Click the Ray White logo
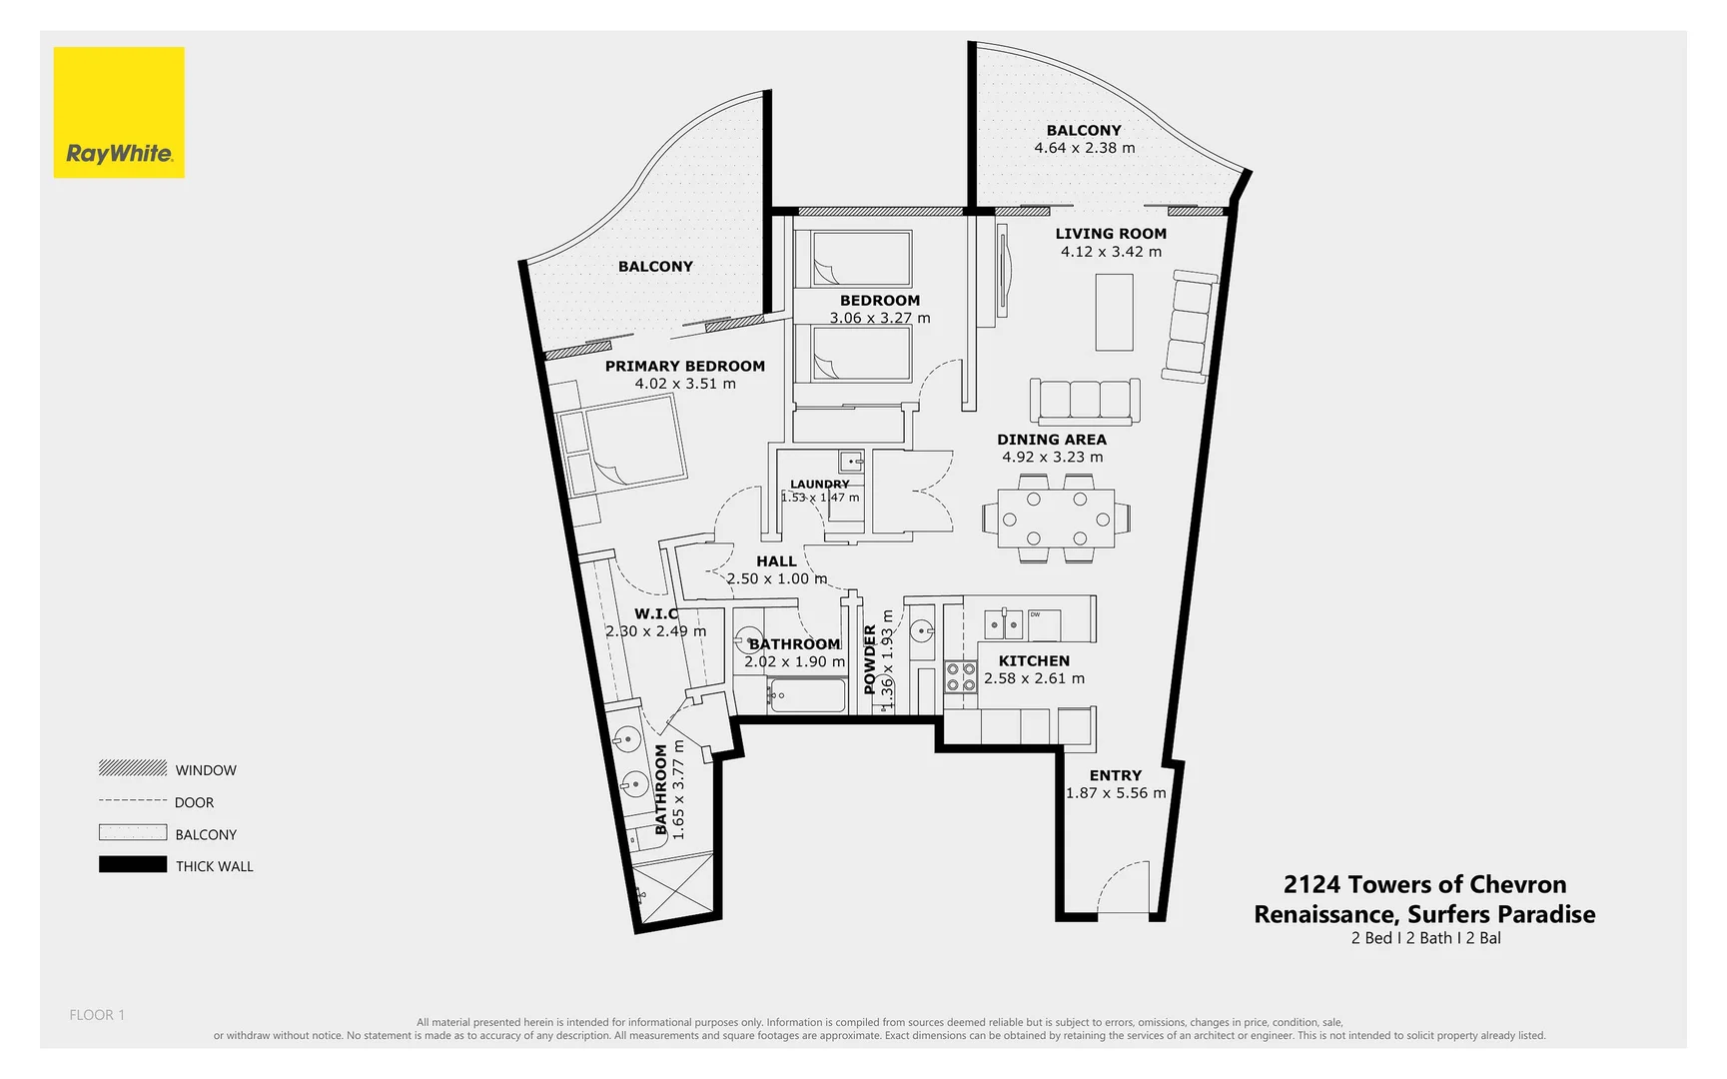119,113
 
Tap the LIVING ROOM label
1111,234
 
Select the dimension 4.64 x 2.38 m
1084,148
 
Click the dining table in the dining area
1056,519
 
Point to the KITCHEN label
1034,660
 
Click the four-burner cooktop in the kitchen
961,677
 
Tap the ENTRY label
1115,775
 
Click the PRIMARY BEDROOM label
684,366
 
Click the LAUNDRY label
819,485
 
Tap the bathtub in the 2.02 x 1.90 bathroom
807,695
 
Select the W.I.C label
656,613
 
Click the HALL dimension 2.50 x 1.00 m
776,578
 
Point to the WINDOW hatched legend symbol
133,768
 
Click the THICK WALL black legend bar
133,865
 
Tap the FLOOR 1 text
97,1015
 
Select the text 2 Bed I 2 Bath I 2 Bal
1424,938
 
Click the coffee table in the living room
1114,313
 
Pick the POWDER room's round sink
921,629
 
